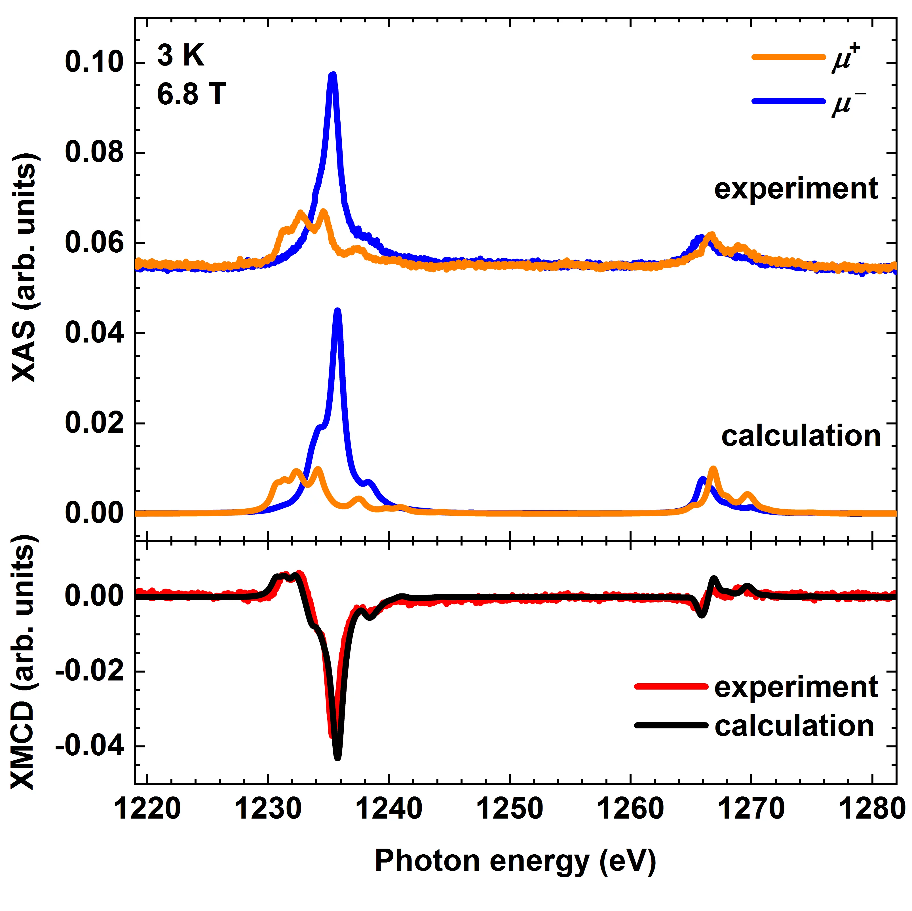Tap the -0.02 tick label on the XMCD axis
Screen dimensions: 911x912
[x=90, y=671]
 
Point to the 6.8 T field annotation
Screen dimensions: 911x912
[x=191, y=94]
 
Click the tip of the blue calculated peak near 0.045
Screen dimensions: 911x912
[x=337, y=310]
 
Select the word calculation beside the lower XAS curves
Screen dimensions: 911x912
[x=801, y=436]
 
